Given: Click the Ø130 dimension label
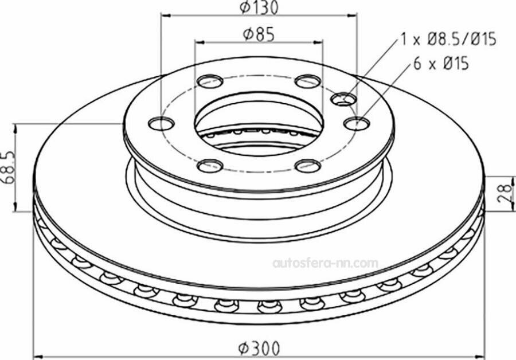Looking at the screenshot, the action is coord(259,7).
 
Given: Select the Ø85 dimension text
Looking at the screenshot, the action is coord(259,34).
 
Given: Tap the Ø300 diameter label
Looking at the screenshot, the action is coord(259,348).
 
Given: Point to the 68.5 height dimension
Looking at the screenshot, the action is coord(8,168).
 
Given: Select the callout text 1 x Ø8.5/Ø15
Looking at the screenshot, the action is coord(448,40).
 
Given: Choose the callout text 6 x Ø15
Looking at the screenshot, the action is coord(441,63).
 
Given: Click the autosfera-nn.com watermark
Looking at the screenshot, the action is coord(326,263).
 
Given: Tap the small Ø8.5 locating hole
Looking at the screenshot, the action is coord(343,99).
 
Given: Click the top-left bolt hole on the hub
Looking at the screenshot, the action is coord(210,81).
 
